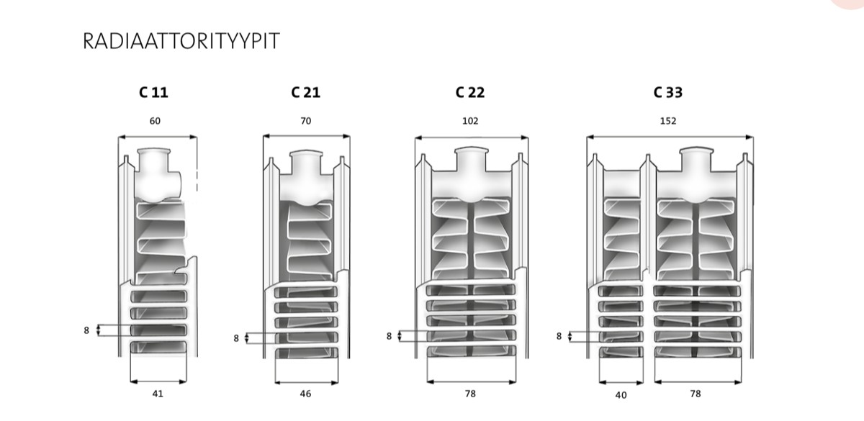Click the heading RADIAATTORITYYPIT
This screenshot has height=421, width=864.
click(181, 42)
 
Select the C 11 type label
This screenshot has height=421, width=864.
click(154, 92)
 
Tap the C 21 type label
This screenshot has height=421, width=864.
click(305, 92)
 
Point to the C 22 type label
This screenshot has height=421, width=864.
click(469, 92)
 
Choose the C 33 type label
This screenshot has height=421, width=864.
click(667, 92)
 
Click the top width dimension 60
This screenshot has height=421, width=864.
click(155, 121)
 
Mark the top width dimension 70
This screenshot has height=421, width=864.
click(306, 121)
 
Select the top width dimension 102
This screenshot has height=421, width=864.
click(470, 121)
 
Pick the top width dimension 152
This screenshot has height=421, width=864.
click(668, 121)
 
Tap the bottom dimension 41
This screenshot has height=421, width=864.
click(158, 394)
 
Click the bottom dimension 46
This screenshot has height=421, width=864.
click(307, 394)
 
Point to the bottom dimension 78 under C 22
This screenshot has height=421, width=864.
click(470, 394)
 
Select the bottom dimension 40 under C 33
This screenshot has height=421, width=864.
click(621, 394)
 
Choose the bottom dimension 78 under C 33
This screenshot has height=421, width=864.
click(695, 394)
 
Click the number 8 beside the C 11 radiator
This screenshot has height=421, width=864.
click(86, 330)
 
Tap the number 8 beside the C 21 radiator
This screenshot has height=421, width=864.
click(236, 338)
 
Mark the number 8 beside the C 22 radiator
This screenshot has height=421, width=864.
click(389, 335)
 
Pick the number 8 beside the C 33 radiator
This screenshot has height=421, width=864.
click(559, 335)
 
